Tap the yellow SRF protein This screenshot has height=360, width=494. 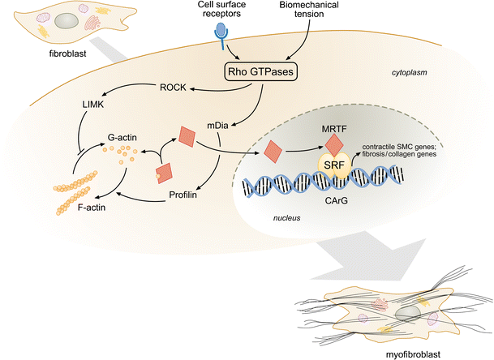point(334,164)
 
